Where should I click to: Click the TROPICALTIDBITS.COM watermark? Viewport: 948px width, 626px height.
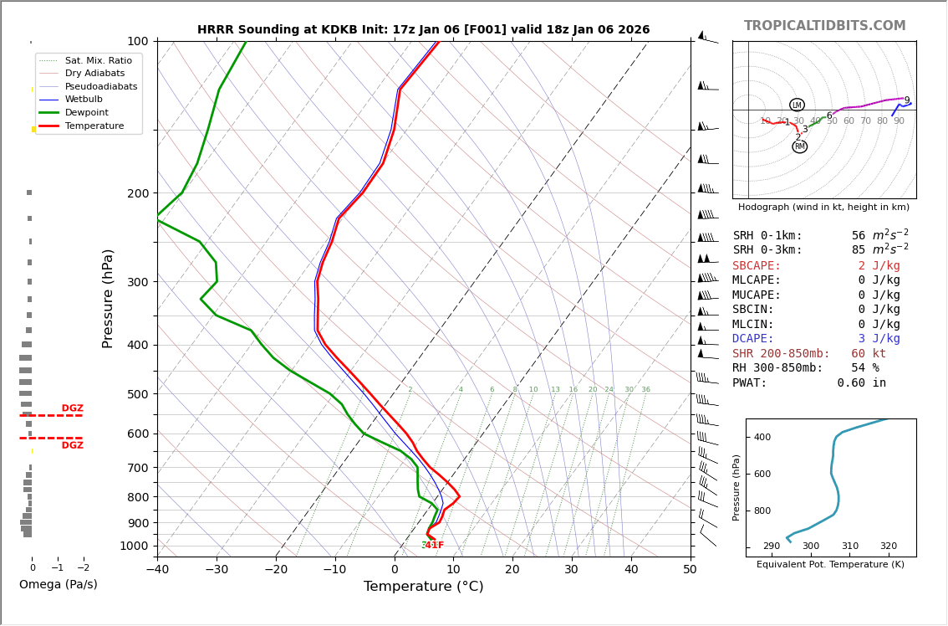[824, 26]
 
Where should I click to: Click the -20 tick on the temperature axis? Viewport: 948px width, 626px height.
[276, 570]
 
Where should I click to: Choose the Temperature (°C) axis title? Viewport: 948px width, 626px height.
[423, 587]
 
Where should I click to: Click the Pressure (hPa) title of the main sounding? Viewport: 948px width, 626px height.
[108, 298]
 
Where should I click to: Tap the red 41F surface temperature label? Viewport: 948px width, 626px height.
[434, 546]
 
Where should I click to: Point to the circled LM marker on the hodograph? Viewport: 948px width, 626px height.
[797, 105]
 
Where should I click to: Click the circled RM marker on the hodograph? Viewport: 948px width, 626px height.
[800, 146]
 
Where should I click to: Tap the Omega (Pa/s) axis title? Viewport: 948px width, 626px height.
[58, 584]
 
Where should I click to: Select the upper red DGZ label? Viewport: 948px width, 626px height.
[72, 408]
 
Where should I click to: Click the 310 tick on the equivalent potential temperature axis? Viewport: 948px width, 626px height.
[849, 546]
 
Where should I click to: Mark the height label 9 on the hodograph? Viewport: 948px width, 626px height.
[906, 100]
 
